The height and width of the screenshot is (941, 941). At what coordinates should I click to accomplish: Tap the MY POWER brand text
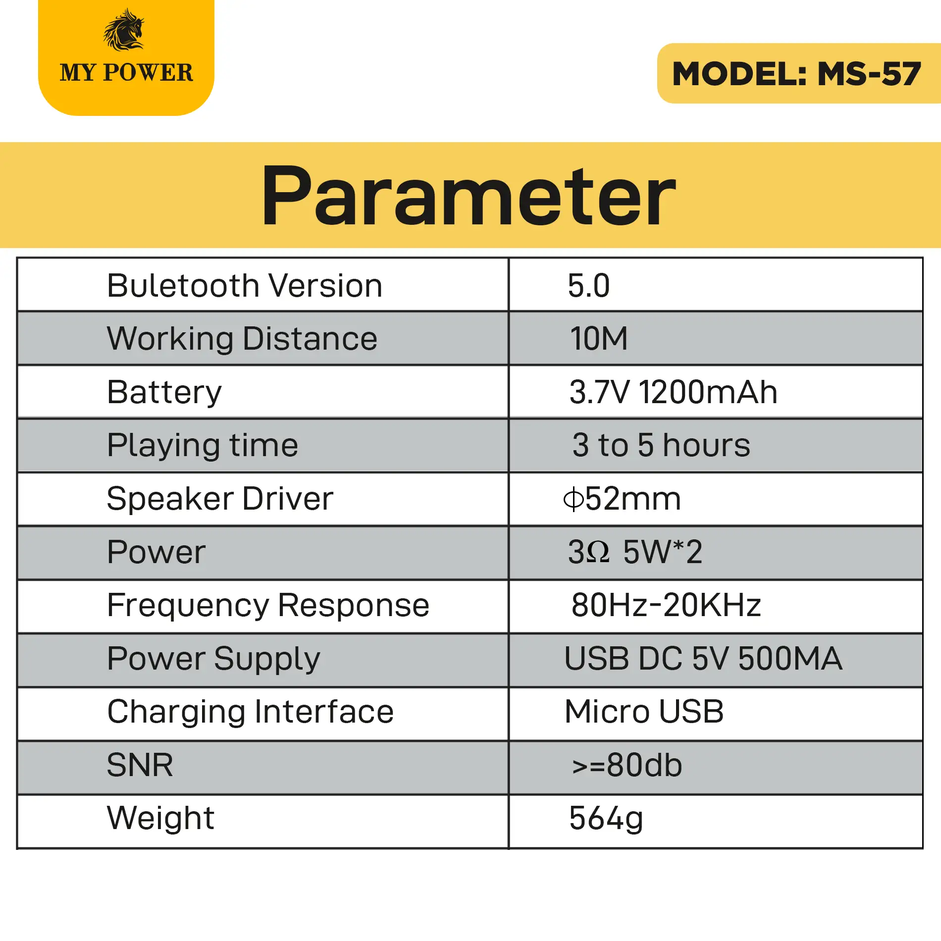[x=126, y=73]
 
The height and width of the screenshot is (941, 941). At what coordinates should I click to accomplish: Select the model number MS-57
[x=869, y=74]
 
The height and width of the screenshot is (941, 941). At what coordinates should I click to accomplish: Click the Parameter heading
[x=469, y=196]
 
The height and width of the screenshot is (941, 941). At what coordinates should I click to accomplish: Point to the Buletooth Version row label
[x=245, y=286]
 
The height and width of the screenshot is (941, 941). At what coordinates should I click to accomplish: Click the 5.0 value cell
[x=589, y=286]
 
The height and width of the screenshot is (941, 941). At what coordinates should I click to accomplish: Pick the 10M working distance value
[x=599, y=339]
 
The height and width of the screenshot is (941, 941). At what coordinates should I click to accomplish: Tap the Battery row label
[x=164, y=392]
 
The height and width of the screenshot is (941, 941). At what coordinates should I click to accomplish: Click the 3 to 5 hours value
[x=661, y=445]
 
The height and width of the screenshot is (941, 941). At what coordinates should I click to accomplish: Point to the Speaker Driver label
[x=220, y=499]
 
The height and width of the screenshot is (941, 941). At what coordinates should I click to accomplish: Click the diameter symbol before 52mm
[x=574, y=499]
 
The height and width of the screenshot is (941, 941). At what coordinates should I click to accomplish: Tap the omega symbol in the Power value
[x=599, y=552]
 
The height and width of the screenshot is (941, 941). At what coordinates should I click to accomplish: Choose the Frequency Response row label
[x=268, y=606]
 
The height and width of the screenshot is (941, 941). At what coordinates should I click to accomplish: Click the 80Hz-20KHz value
[x=666, y=605]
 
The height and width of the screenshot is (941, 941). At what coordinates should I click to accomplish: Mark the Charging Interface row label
[x=251, y=712]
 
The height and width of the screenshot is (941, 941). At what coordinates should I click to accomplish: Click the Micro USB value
[x=644, y=712]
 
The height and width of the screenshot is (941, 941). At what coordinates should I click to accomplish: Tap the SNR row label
[x=140, y=765]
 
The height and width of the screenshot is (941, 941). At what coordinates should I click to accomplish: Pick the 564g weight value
[x=606, y=819]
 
